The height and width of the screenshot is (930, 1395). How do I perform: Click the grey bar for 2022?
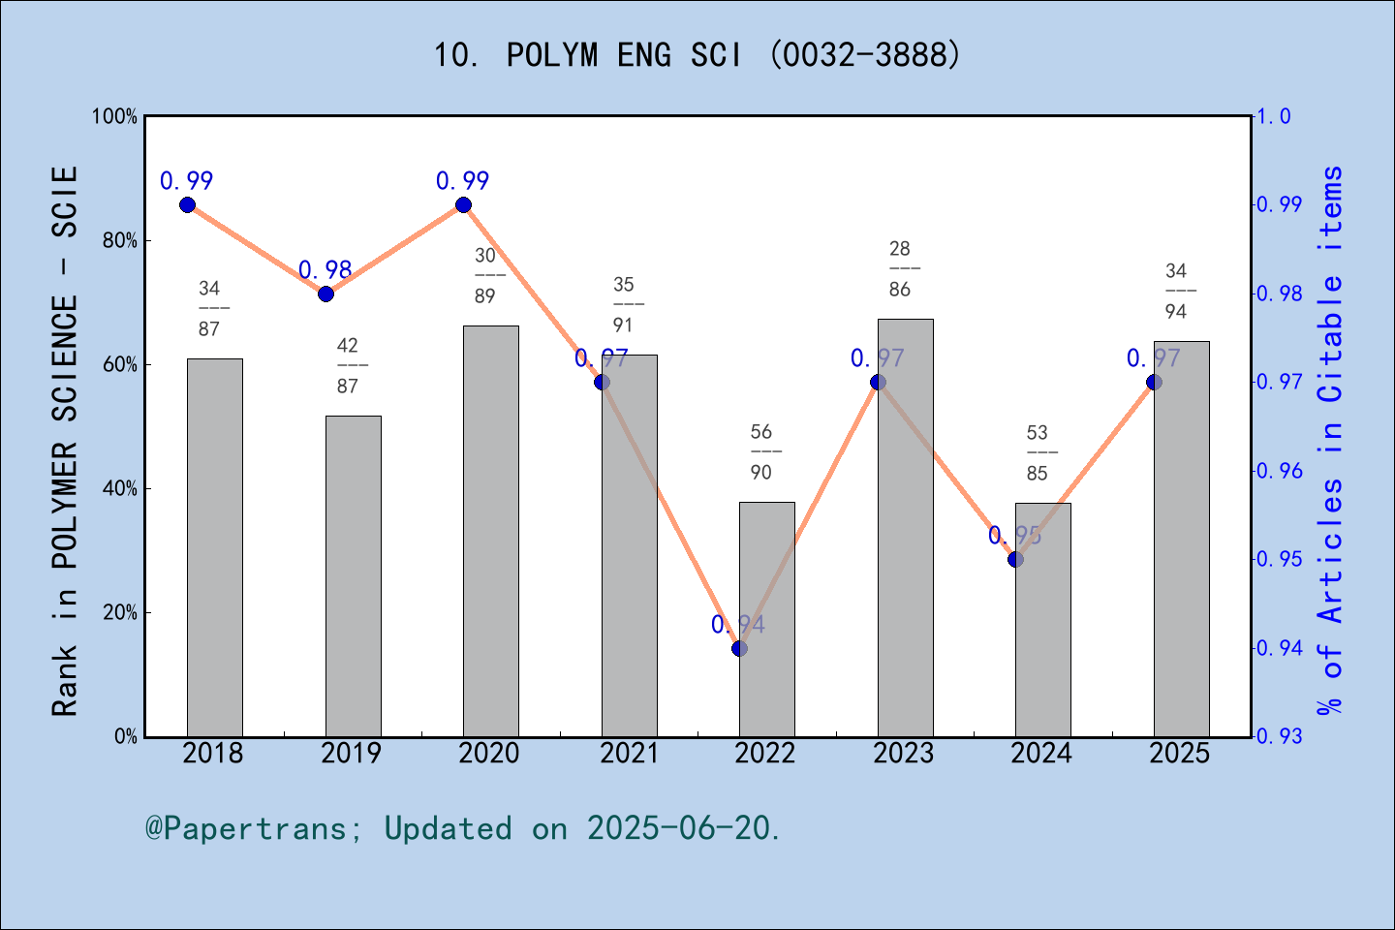[x=767, y=620]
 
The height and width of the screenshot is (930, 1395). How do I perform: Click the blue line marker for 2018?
[x=188, y=204]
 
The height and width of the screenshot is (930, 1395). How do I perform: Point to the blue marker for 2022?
[x=740, y=648]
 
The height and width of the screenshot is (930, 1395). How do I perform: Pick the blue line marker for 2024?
[x=1015, y=559]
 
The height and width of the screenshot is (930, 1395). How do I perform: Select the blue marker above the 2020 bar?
[x=463, y=204]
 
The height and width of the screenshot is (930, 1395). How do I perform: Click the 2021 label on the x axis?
[x=629, y=754]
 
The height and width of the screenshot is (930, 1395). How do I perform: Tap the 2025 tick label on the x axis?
[x=1180, y=754]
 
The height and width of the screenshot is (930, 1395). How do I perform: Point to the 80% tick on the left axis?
[x=120, y=241]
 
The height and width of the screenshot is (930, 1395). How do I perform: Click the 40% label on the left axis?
[x=120, y=489]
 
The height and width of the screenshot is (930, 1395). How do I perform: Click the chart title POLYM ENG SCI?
[x=697, y=55]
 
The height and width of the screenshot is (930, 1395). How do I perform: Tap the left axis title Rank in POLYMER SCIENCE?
[x=65, y=441]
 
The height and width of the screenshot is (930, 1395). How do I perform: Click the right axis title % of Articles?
[x=1331, y=441]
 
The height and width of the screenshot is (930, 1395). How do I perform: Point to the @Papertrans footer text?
[x=463, y=828]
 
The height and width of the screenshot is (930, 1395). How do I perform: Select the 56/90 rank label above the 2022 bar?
[x=762, y=451]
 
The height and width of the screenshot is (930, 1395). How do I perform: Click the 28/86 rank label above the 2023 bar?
[x=901, y=268]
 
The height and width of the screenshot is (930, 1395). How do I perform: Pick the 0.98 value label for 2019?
[x=325, y=270]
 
